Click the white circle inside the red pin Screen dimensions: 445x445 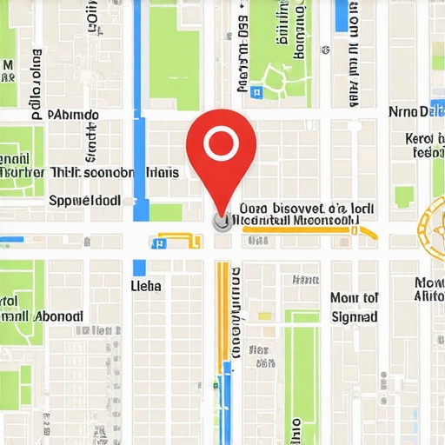222,141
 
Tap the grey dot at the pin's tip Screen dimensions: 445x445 221,222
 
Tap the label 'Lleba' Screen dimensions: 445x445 146,285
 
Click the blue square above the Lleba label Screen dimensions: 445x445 139,267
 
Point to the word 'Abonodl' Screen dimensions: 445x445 58,316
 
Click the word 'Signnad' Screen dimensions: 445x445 355,317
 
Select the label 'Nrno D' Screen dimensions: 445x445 408,111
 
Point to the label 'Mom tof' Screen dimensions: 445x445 355,298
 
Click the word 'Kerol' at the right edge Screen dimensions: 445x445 425,138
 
